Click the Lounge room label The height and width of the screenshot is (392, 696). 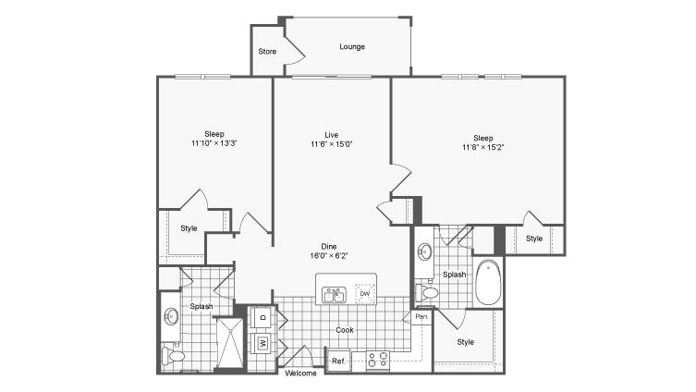[352, 46]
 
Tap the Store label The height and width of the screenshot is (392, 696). [267, 52]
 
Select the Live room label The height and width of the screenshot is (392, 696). [332, 135]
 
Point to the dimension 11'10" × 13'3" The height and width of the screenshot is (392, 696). [214, 143]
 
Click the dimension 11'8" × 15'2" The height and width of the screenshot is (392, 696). [482, 147]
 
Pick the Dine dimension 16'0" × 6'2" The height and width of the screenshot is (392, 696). [329, 256]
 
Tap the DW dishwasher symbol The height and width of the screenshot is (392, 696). [365, 293]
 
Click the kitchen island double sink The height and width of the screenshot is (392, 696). [334, 295]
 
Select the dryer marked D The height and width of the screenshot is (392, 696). [263, 317]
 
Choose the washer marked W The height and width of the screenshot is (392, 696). [263, 343]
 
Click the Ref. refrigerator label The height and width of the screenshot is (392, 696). [338, 361]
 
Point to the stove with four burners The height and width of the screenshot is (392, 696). [377, 361]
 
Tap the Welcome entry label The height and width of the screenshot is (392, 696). [300, 374]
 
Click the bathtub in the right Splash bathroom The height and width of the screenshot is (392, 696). [488, 282]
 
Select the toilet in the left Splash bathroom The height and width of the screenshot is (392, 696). [173, 356]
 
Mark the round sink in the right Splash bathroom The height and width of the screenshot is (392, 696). [425, 252]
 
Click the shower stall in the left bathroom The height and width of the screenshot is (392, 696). [230, 343]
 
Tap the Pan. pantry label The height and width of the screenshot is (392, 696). [421, 316]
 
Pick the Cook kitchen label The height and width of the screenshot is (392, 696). [345, 330]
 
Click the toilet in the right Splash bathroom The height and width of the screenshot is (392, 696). [427, 292]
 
